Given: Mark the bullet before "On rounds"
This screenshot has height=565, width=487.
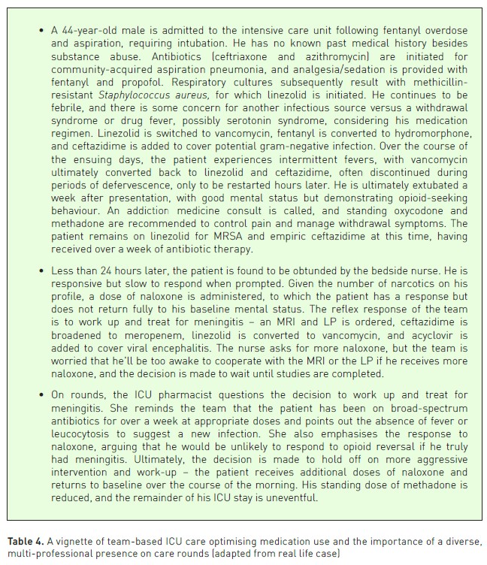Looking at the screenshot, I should (39, 415).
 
